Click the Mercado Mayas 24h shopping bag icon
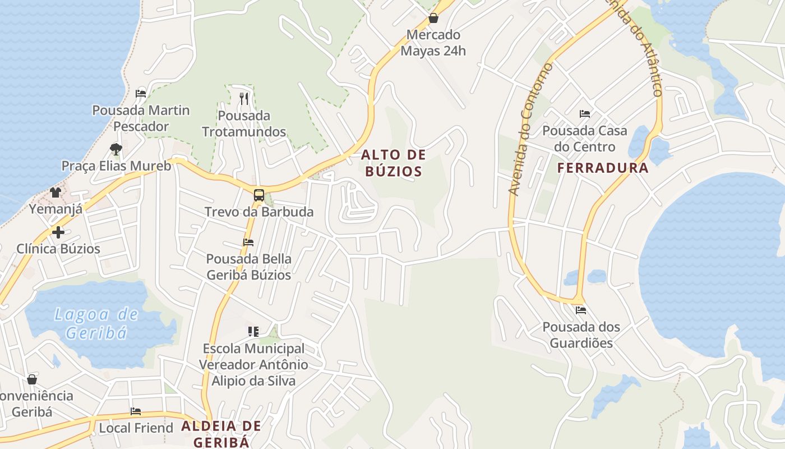[x=433, y=18]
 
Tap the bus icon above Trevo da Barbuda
[x=258, y=195]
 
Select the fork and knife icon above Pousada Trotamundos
[x=243, y=99]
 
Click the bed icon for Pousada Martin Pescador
[x=141, y=93]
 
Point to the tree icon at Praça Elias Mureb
[x=116, y=149]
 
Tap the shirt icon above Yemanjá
[x=56, y=193]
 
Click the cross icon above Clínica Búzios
[x=58, y=232]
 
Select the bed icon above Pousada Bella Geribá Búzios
[x=248, y=242]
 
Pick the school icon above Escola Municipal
[x=253, y=332]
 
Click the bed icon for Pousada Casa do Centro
[x=585, y=114]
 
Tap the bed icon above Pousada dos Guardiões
[x=580, y=310]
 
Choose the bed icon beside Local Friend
[x=136, y=411]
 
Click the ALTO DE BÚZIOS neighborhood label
[x=394, y=163]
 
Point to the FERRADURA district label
[x=603, y=168]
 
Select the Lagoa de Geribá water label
[x=96, y=323]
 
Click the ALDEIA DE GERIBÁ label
[x=221, y=433]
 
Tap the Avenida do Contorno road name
[x=530, y=129]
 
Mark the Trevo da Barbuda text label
[x=258, y=212]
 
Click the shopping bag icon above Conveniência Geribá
[x=32, y=379]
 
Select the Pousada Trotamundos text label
[x=244, y=124]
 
